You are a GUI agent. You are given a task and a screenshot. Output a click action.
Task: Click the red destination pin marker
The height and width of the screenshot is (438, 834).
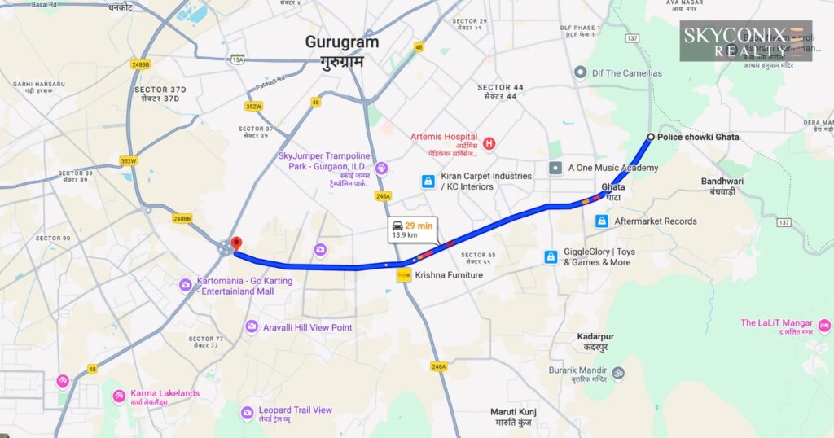(x=236, y=243)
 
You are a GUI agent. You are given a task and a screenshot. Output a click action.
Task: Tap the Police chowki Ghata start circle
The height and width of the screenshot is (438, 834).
(x=650, y=137)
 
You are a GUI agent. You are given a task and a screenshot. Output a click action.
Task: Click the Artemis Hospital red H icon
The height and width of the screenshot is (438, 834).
(x=489, y=144)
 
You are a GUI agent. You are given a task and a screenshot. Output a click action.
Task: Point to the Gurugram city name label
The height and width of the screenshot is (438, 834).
(x=342, y=42)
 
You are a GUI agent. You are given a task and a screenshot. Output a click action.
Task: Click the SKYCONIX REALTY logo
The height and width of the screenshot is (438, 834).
(x=745, y=41)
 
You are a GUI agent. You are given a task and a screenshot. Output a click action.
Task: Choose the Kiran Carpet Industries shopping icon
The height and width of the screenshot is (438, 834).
(x=428, y=182)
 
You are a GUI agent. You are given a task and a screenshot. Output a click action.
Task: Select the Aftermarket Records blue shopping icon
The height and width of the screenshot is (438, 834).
(x=601, y=221)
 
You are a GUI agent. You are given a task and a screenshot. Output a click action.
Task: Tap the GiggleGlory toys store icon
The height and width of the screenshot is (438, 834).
(x=551, y=256)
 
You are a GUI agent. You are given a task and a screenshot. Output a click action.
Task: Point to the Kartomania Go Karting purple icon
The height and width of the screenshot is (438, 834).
(x=186, y=284)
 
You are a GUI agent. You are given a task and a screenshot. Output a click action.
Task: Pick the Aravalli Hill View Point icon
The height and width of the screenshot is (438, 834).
(x=252, y=326)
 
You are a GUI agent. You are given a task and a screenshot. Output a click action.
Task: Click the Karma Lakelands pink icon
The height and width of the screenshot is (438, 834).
(x=120, y=396)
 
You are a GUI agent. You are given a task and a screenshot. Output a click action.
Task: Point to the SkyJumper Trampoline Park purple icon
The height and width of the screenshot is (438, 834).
(x=381, y=168)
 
